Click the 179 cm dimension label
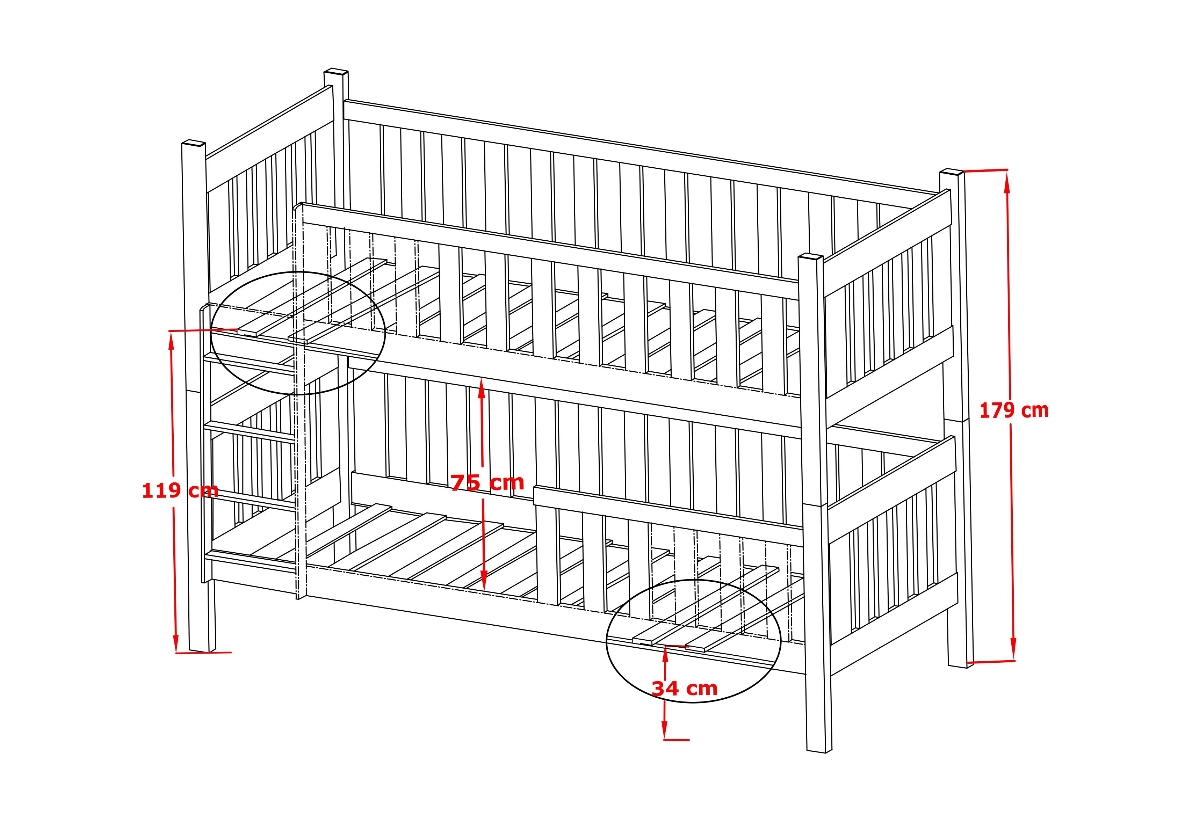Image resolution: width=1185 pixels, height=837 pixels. click(1014, 411)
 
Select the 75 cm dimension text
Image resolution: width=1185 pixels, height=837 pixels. click(487, 482)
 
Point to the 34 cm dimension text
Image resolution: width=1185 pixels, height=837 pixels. click(684, 689)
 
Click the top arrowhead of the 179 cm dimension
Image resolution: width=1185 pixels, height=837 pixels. click(1006, 181)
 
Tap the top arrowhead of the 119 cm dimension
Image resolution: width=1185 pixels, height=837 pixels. click(171, 341)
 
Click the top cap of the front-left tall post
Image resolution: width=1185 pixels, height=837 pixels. click(194, 143)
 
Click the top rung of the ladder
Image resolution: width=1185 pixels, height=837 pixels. click(250, 363)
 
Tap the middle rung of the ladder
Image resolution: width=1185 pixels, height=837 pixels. click(250, 432)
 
